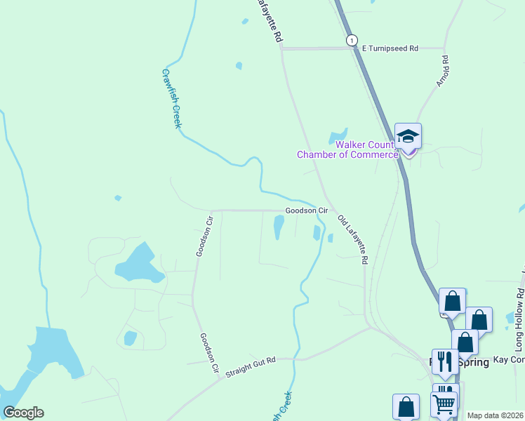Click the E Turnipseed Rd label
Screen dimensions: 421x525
click(x=390, y=48)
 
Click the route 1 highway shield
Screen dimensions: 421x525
click(x=351, y=41)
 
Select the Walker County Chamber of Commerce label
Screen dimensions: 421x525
click(x=347, y=149)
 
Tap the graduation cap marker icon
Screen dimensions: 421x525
click(x=408, y=137)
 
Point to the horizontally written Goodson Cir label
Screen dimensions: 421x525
click(x=307, y=210)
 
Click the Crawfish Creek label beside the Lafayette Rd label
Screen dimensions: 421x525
click(x=173, y=98)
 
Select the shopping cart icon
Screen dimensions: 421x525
click(x=444, y=404)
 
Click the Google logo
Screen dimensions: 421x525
click(x=23, y=413)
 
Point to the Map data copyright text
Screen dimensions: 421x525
click(x=496, y=415)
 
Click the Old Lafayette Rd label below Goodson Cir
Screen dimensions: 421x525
click(x=353, y=239)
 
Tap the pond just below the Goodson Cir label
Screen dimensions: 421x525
click(x=279, y=226)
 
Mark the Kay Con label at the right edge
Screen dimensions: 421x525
click(x=509, y=360)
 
